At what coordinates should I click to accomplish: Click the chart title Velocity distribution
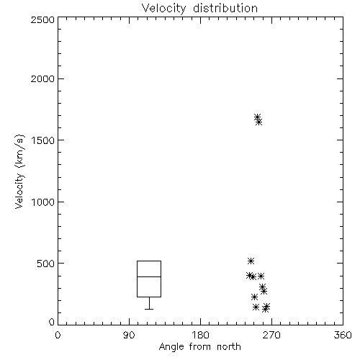click(199, 9)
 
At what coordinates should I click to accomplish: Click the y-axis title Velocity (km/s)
click(19, 171)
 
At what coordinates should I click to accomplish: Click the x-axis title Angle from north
click(199, 347)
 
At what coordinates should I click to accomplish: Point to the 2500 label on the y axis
click(42, 19)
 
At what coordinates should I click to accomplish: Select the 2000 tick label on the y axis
click(42, 78)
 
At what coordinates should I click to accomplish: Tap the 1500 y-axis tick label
click(43, 140)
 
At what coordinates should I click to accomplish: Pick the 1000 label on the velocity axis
click(43, 202)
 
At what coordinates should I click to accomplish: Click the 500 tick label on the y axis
click(46, 264)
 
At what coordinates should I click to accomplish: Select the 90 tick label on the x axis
click(129, 335)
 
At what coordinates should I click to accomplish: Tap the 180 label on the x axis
click(200, 335)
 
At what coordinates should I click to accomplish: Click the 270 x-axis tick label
click(271, 335)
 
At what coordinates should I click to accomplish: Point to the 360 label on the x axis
click(343, 335)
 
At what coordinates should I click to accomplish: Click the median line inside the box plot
click(149, 276)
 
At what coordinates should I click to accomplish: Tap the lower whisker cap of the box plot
click(149, 309)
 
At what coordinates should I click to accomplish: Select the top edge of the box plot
click(149, 261)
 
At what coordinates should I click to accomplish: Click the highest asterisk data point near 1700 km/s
click(258, 117)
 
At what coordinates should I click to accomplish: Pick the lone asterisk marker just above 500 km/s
click(251, 261)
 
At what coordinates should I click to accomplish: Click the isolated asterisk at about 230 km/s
click(254, 297)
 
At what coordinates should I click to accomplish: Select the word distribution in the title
click(225, 9)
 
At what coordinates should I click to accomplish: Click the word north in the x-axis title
click(229, 347)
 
